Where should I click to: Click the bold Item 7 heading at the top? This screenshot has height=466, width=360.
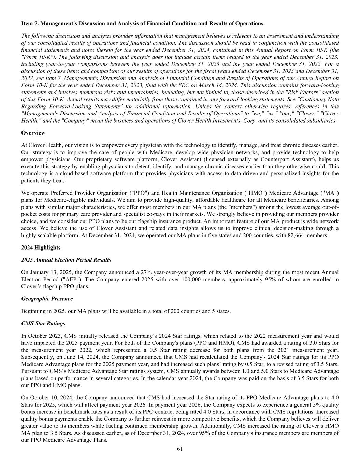(143, 24)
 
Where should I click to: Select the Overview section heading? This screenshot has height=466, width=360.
(33, 132)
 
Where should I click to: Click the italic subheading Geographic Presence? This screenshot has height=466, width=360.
(47, 299)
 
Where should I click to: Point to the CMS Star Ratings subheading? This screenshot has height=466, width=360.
(43, 323)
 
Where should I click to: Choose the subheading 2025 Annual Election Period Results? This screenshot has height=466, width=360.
(66, 260)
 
